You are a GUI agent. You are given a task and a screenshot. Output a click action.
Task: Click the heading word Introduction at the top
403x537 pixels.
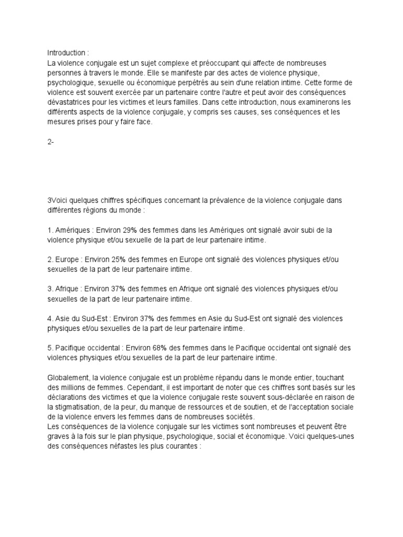click(65, 53)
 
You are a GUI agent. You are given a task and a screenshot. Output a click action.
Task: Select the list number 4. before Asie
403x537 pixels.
click(50, 318)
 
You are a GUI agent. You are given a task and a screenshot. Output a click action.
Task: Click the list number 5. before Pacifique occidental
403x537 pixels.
click(50, 348)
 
